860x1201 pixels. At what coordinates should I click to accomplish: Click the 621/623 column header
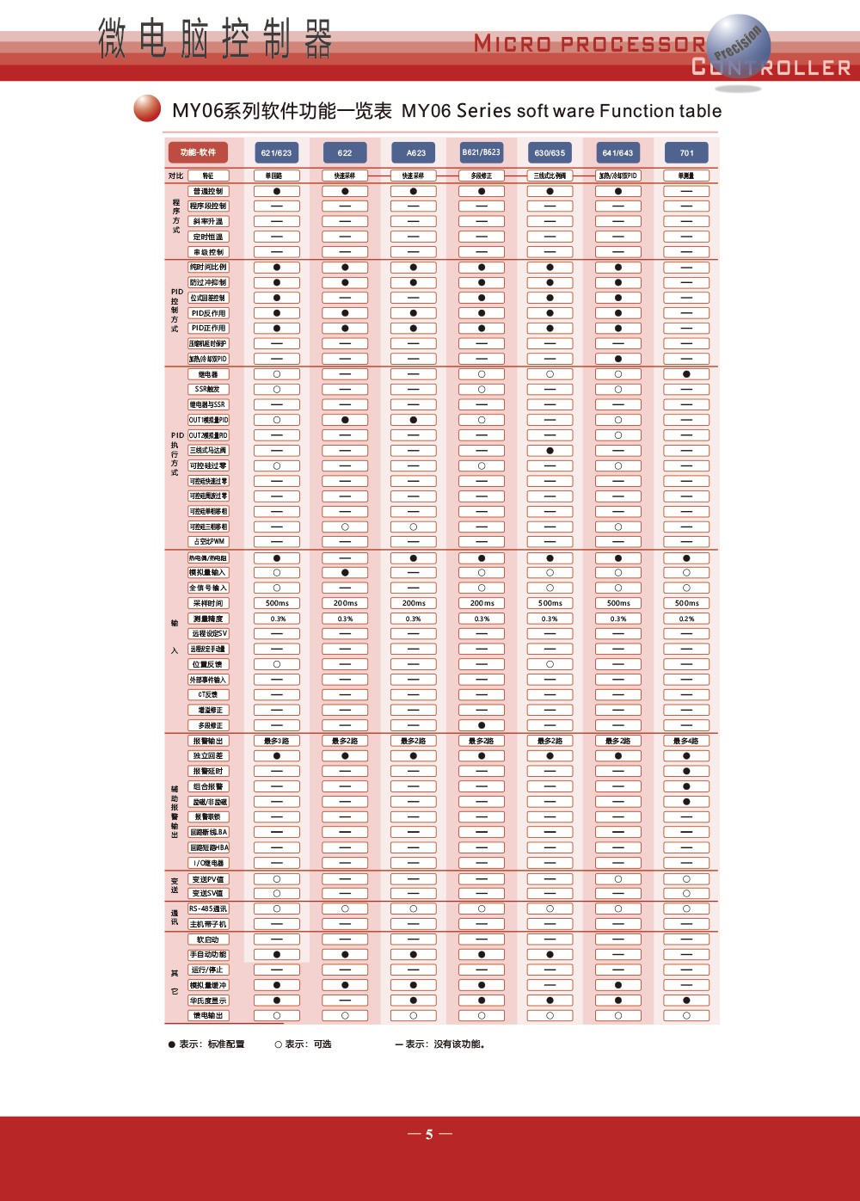[x=276, y=153]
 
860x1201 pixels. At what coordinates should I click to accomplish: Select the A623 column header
[x=415, y=153]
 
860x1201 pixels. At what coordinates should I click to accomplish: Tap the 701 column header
[x=686, y=153]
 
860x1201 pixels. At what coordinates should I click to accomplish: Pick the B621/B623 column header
[x=482, y=152]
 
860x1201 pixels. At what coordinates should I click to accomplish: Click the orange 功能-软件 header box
[x=198, y=152]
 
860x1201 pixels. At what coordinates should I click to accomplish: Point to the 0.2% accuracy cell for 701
[x=686, y=619]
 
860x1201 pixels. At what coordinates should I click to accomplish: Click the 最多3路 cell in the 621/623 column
[x=276, y=741]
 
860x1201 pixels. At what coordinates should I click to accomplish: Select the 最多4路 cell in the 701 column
[x=686, y=741]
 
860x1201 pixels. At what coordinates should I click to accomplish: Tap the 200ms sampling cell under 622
[x=345, y=603]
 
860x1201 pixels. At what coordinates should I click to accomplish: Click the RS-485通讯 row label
[x=208, y=908]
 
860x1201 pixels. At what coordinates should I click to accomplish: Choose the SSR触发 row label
[x=208, y=389]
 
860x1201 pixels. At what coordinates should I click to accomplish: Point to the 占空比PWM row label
[x=208, y=541]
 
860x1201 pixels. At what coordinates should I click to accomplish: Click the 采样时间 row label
[x=208, y=603]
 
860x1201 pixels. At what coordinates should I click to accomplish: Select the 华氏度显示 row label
[x=208, y=1001]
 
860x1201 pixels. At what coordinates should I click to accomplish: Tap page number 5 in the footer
[x=429, y=1135]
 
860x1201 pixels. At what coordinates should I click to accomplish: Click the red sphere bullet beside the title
[x=147, y=108]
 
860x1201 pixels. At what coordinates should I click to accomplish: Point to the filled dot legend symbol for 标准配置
[x=172, y=1044]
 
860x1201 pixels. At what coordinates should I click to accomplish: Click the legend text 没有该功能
[x=459, y=1044]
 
